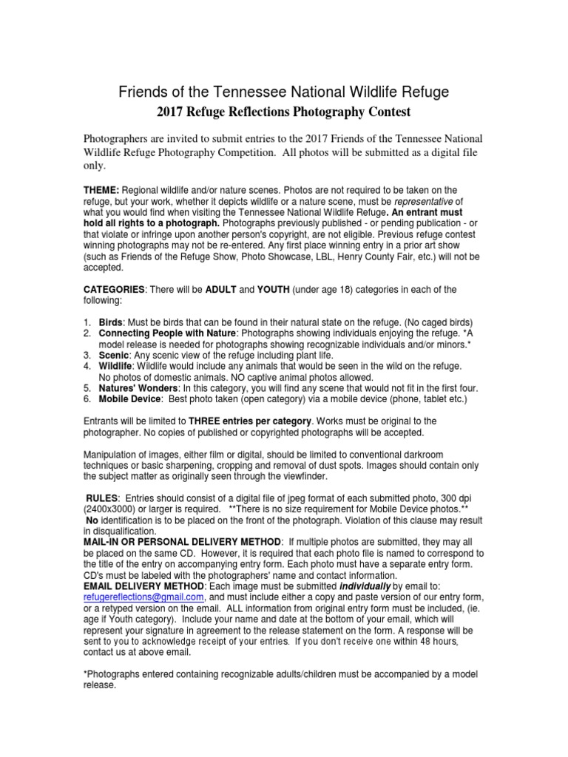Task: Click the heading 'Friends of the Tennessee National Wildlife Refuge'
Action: pos(284,92)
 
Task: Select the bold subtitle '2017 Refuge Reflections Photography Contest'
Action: pos(283,112)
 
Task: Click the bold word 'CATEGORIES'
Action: pos(114,289)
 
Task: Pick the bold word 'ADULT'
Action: pos(222,289)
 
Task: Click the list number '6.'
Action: pos(87,399)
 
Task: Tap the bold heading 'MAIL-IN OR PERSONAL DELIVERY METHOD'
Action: pos(182,543)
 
